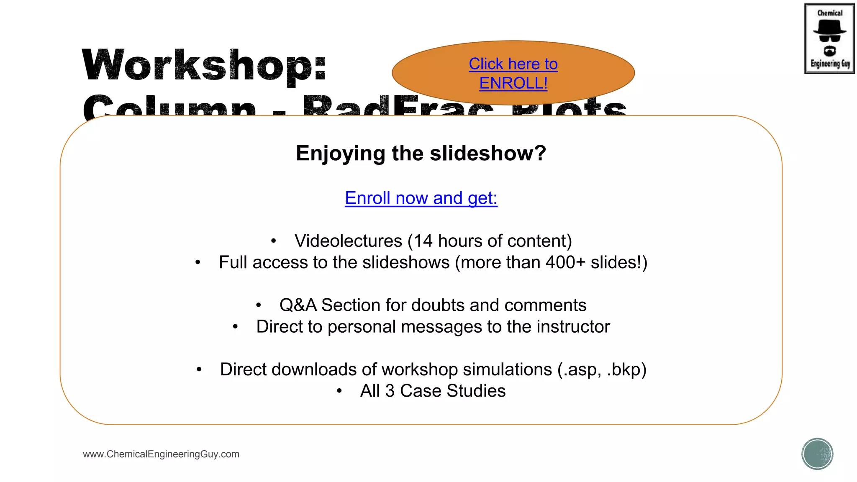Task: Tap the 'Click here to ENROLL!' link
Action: tap(513, 74)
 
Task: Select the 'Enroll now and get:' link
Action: tap(421, 198)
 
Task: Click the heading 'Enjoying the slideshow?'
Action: tap(421, 153)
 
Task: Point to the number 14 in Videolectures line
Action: tap(423, 241)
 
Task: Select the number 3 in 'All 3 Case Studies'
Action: tap(390, 391)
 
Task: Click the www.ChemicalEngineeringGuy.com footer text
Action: tap(161, 454)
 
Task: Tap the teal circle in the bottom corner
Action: tap(817, 454)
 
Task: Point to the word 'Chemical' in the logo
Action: tap(830, 13)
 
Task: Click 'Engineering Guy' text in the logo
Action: tap(830, 64)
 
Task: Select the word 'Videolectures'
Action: tap(348, 241)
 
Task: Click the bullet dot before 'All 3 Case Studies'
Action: tap(339, 391)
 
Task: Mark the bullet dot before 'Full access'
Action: tap(198, 263)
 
